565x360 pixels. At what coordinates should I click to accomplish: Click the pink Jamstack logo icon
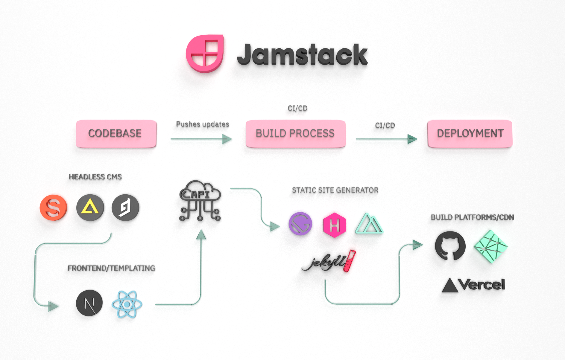(x=205, y=54)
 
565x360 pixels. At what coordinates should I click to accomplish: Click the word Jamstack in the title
(x=302, y=55)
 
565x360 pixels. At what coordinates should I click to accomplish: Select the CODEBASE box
(x=116, y=133)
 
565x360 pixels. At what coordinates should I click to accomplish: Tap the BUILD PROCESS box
(x=295, y=133)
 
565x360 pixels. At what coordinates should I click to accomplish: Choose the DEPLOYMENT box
(x=470, y=133)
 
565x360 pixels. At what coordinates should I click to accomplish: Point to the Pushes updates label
(x=202, y=124)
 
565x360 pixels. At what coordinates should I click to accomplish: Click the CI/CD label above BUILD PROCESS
(x=297, y=108)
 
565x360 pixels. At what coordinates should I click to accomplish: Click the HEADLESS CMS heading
(x=95, y=177)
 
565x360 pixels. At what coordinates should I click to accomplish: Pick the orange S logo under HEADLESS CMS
(x=53, y=207)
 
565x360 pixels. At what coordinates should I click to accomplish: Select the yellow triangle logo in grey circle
(x=90, y=207)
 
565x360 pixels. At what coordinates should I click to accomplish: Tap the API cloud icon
(x=200, y=200)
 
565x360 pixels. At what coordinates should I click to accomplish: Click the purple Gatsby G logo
(x=300, y=224)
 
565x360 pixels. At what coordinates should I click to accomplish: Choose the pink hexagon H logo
(x=334, y=225)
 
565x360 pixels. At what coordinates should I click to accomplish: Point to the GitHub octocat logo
(x=450, y=245)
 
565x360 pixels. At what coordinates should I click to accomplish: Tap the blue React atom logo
(x=127, y=304)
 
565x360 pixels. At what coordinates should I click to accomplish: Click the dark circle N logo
(x=89, y=303)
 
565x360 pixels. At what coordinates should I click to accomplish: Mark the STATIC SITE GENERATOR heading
(x=335, y=190)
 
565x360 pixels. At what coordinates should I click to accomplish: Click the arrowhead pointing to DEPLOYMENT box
(x=412, y=139)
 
